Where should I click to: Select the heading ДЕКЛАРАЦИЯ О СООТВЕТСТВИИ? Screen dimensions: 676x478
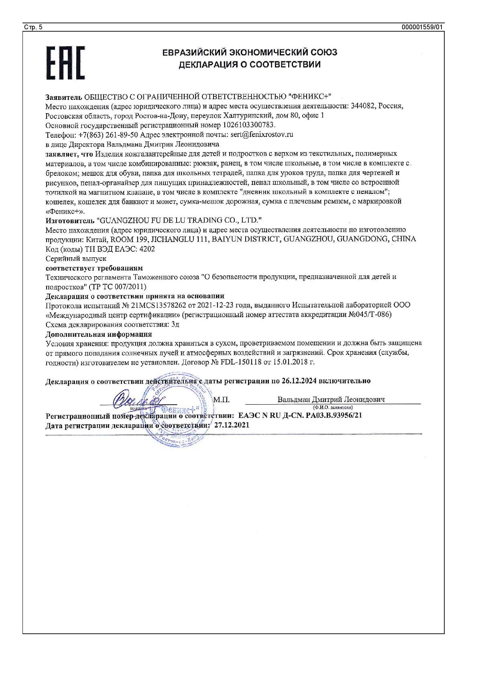(x=250, y=65)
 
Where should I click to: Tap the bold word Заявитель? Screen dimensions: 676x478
(x=64, y=97)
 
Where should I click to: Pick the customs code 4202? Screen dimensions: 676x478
(x=146, y=249)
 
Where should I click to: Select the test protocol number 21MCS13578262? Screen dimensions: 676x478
(x=161, y=305)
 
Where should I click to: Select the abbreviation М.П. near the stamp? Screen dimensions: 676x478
(x=222, y=400)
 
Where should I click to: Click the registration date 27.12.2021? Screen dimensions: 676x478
(x=232, y=425)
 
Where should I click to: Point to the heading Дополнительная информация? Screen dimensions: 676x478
(x=99, y=334)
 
